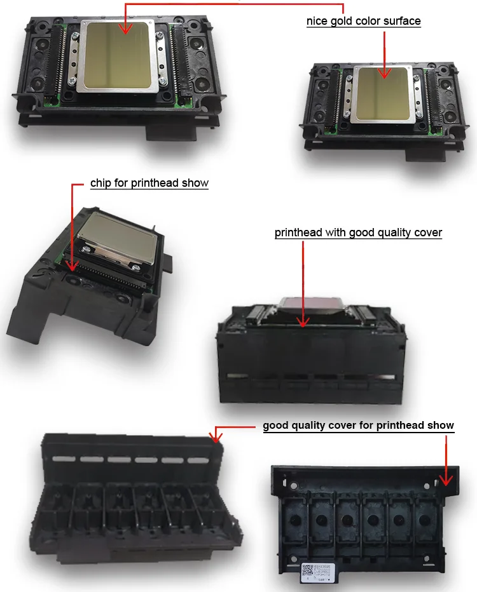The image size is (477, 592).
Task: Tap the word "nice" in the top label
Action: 320,21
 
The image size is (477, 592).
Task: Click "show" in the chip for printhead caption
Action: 195,183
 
